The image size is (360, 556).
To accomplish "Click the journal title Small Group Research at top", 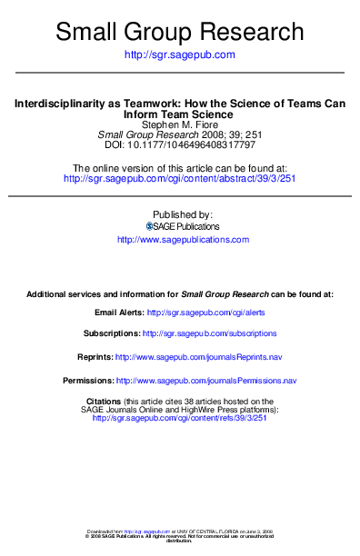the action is click(179, 32).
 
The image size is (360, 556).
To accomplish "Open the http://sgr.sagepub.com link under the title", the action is click(179, 55).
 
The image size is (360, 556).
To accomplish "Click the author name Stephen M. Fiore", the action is click(179, 124).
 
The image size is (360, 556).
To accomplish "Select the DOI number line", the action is click(179, 144).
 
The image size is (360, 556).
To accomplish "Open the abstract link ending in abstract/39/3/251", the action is click(179, 179).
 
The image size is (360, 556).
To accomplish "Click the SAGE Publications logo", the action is click(151, 225).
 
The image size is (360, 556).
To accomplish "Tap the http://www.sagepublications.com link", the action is click(183, 240).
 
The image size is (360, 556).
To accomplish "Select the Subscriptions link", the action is click(212, 333).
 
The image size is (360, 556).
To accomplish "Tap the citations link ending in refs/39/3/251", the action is click(179, 418).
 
